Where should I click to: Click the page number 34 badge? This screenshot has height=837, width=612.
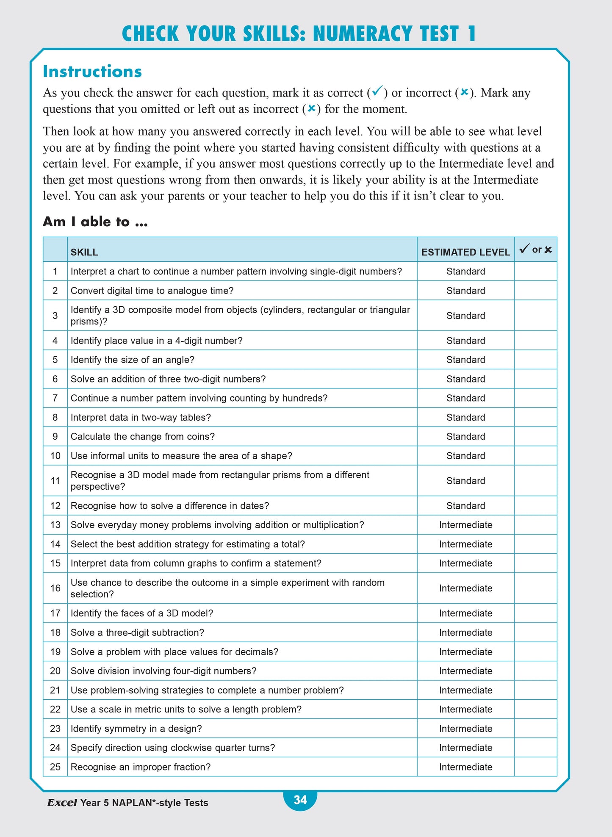click(x=300, y=799)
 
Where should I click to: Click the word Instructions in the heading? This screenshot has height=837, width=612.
click(x=92, y=71)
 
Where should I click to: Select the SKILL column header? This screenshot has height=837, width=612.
click(x=84, y=252)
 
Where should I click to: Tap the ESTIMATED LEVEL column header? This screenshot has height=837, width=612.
click(x=465, y=252)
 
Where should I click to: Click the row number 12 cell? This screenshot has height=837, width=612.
click(x=55, y=506)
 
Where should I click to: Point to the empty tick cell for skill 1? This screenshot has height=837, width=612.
click(x=535, y=271)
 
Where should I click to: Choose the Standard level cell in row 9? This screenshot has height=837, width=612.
click(x=465, y=436)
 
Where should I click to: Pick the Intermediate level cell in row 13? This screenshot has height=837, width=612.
click(x=465, y=525)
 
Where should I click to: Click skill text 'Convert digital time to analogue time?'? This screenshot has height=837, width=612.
click(x=152, y=291)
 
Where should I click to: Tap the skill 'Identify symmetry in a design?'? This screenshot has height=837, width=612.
click(x=136, y=729)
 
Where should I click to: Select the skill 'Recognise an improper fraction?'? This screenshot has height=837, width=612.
click(x=140, y=767)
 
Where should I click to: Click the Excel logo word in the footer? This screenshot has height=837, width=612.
click(x=62, y=803)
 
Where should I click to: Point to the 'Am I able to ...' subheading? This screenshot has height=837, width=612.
click(x=95, y=222)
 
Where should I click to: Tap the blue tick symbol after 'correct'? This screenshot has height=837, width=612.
click(x=377, y=91)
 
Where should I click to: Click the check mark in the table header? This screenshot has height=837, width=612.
click(x=524, y=249)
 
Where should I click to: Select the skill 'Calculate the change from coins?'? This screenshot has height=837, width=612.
click(x=143, y=436)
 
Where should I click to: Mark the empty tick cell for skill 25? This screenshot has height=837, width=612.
click(x=535, y=767)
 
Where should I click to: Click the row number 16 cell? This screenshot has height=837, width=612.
click(x=55, y=588)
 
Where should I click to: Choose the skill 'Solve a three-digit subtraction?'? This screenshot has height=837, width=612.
click(x=137, y=632)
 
